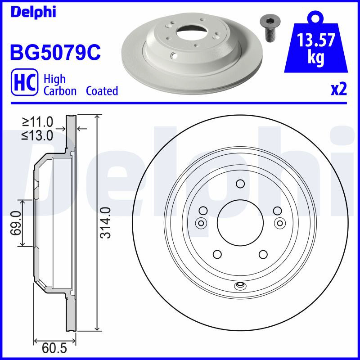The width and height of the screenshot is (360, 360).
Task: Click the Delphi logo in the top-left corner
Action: coord(33,12)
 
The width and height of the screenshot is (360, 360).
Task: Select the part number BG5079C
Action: coord(55,52)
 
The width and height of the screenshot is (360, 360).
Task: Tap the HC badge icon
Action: coord(24,82)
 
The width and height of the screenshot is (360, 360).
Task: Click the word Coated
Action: coord(102,91)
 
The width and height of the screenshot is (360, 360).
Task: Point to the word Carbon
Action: coord(60,91)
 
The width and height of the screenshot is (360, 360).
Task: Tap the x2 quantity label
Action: coord(338,90)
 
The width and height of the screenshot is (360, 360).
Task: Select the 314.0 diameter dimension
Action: coord(106,222)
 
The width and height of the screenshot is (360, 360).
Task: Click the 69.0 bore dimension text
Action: coord(16,223)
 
